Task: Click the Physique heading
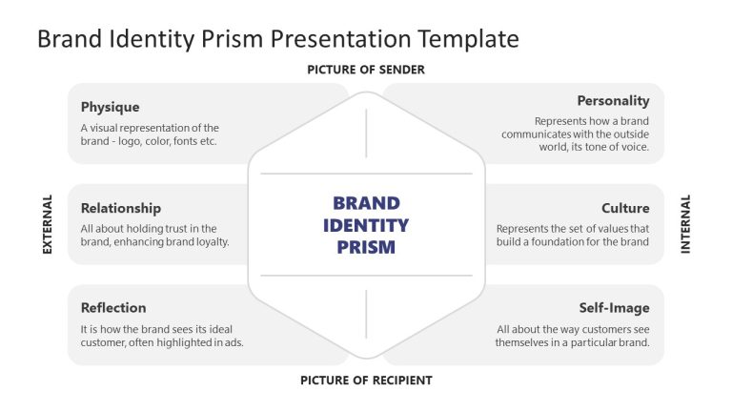[110, 107]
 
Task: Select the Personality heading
[613, 100]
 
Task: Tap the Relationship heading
[120, 208]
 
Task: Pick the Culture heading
[625, 208]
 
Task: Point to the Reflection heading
[113, 307]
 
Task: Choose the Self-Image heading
[614, 308]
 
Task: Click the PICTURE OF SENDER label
[366, 70]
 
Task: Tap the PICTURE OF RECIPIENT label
[366, 381]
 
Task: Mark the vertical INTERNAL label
[685, 224]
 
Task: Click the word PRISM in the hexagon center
[366, 248]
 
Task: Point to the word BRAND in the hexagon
[366, 203]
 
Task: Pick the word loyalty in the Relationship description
[208, 242]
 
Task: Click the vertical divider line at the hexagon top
[366, 133]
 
